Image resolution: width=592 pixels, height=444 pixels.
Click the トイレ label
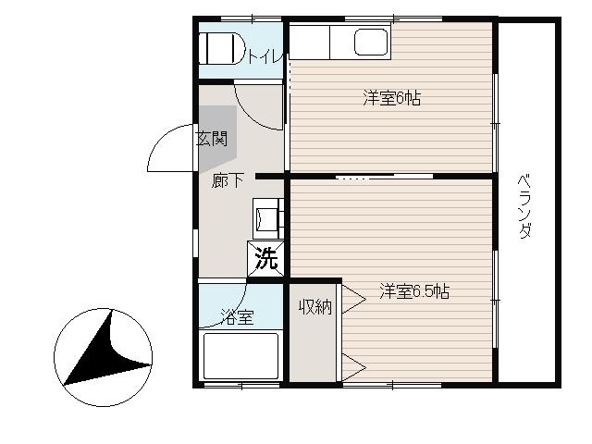tap(265, 56)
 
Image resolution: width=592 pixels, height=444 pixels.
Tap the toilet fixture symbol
tap(222, 48)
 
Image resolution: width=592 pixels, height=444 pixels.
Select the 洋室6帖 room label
tap(392, 98)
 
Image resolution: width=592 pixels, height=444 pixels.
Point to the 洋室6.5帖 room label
tap(414, 291)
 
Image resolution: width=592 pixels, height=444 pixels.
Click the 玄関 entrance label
tap(212, 139)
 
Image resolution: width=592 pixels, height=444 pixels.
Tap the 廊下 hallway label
tap(227, 180)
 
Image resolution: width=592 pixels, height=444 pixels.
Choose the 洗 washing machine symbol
tap(265, 259)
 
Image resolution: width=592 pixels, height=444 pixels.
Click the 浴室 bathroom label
tap(237, 317)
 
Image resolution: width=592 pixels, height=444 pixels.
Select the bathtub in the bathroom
tap(240, 356)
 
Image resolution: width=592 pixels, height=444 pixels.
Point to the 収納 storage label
tap(315, 307)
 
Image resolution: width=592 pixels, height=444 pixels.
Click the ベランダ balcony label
tap(525, 206)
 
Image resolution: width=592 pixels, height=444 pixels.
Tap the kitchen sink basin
tap(371, 43)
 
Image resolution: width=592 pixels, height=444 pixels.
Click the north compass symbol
tap(103, 357)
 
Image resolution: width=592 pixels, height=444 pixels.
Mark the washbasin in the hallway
tap(267, 218)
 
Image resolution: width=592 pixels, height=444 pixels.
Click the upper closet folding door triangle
tap(354, 300)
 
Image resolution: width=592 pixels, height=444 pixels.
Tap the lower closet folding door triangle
tap(354, 367)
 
